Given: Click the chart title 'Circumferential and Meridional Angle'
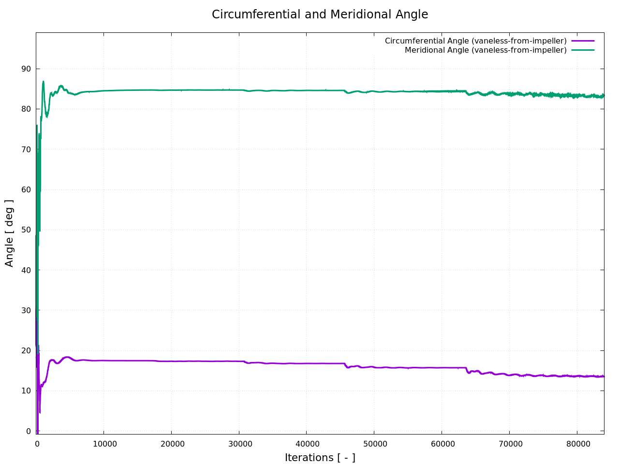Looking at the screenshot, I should [320, 14].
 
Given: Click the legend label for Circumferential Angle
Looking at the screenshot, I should [475, 41].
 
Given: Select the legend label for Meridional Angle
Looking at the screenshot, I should [486, 50].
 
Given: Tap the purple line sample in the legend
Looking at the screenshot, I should [582, 41].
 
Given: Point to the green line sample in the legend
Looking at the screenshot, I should [582, 50].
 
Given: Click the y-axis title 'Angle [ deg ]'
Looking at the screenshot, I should [10, 233].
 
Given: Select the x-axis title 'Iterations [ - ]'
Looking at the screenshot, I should [320, 458].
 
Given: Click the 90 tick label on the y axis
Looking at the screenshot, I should [26, 69].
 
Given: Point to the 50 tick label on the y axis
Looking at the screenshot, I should [26, 230].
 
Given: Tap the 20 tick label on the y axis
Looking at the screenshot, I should [26, 350].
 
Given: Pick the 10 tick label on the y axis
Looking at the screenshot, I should [26, 391].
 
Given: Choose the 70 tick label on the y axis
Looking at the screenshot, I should [26, 149].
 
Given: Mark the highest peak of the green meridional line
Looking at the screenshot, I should [43, 82].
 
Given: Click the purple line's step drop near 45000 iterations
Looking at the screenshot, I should [345, 365].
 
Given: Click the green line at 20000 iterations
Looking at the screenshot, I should [171, 90].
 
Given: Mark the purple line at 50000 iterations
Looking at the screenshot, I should [374, 367].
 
